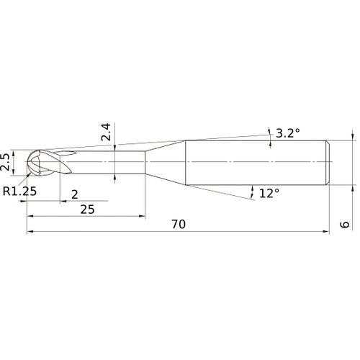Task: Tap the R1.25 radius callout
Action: (x=19, y=192)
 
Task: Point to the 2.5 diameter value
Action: (x=6, y=161)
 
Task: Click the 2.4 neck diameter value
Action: (x=105, y=133)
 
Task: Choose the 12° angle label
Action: (x=269, y=193)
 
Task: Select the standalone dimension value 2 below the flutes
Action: (x=75, y=194)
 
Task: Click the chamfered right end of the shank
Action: (x=329, y=162)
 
